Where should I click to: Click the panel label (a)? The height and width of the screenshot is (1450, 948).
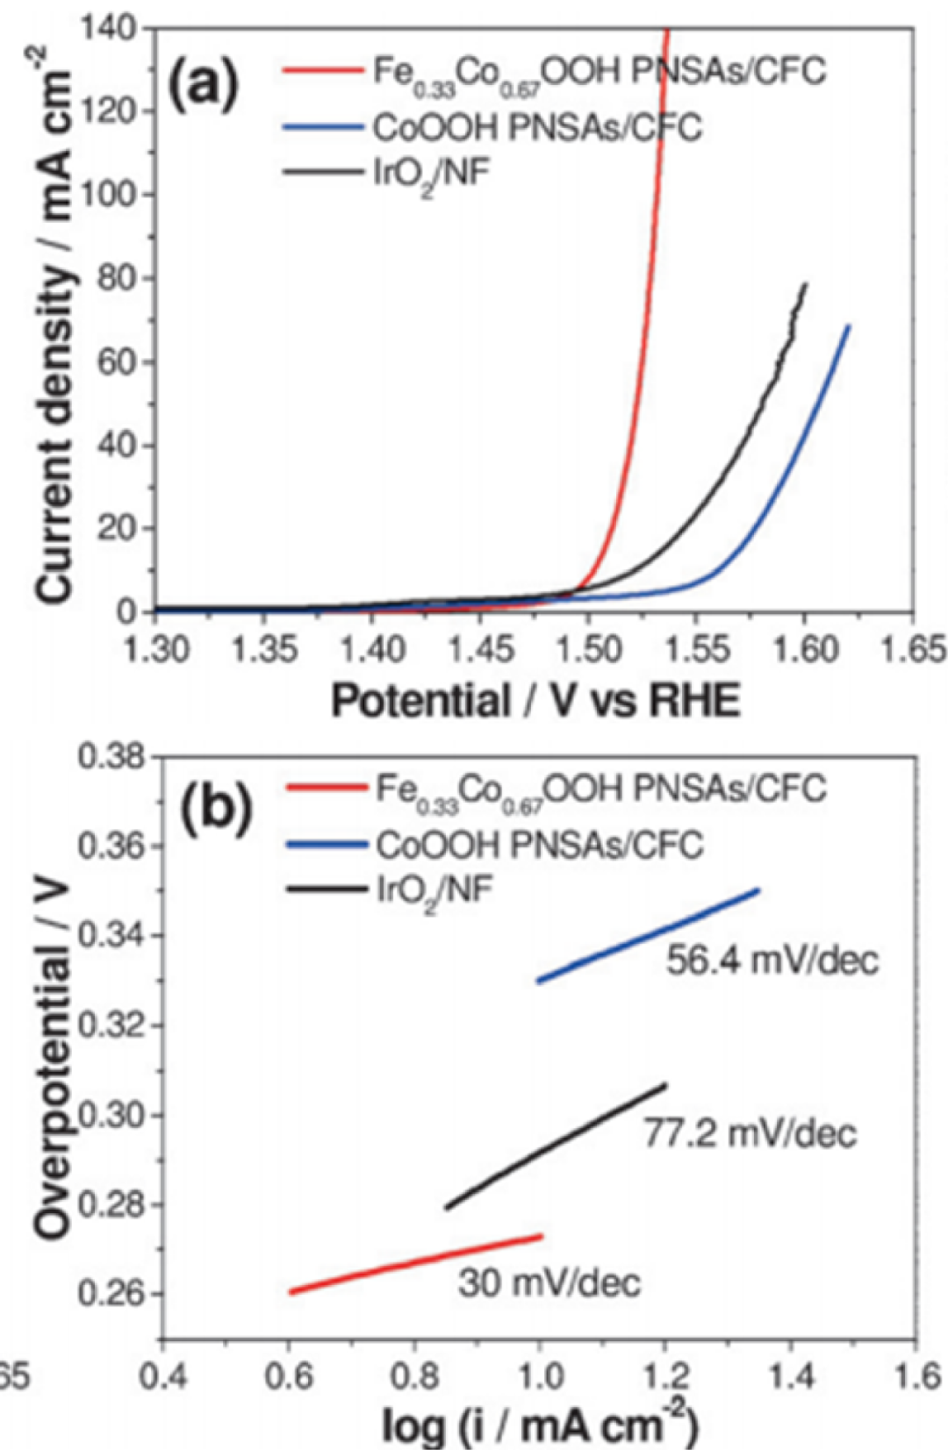[x=203, y=85]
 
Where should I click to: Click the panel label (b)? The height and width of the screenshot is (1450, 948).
[x=216, y=809]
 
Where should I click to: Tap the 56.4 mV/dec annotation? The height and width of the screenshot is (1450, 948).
[x=772, y=960]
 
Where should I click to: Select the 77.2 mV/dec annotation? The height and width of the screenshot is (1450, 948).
[x=750, y=1133]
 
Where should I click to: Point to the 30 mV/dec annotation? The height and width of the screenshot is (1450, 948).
[x=549, y=1283]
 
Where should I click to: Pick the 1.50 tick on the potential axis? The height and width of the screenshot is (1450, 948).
[x=589, y=650]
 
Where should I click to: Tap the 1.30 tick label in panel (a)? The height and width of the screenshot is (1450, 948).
[x=155, y=650]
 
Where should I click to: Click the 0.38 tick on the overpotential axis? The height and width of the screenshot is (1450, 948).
[x=110, y=756]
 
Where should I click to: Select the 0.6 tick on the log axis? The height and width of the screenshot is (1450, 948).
[x=290, y=1376]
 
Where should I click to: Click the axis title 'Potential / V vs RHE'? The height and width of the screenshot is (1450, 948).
[x=535, y=701]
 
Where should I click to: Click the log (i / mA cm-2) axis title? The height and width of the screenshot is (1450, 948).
[x=539, y=1425]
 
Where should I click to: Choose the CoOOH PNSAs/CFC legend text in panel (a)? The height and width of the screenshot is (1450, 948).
[x=537, y=128]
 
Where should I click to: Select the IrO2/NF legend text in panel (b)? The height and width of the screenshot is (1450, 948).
[x=434, y=890]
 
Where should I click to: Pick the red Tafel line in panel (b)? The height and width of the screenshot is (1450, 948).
[x=417, y=1264]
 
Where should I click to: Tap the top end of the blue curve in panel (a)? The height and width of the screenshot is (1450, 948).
[x=848, y=326]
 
